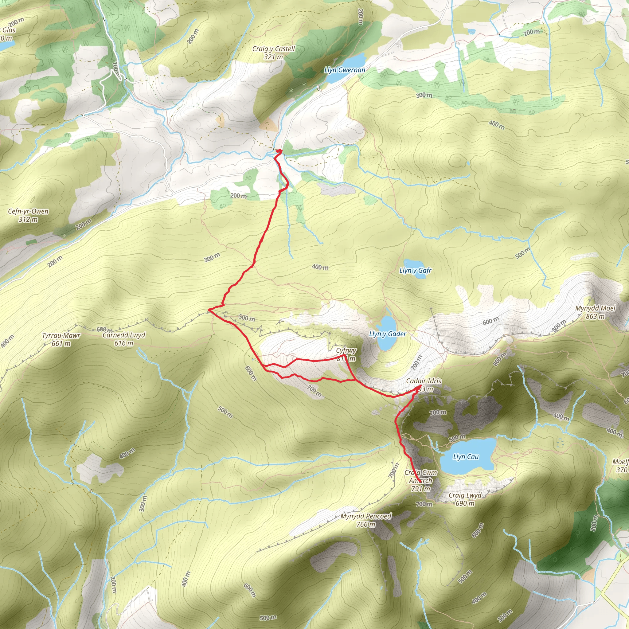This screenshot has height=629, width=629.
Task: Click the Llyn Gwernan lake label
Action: click(x=345, y=70)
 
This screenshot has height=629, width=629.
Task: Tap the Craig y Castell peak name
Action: click(x=273, y=49)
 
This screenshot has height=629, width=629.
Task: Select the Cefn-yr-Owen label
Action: click(x=28, y=211)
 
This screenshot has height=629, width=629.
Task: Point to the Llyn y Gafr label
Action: click(x=416, y=271)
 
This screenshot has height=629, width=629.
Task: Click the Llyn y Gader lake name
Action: click(x=387, y=334)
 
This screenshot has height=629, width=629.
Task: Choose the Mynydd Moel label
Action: click(x=595, y=308)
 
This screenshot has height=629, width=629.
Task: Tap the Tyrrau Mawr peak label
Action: click(x=61, y=336)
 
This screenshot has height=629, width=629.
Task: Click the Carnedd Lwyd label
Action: click(x=124, y=335)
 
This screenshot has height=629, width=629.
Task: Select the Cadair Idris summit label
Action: click(x=424, y=381)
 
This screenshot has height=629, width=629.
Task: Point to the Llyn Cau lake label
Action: click(x=466, y=457)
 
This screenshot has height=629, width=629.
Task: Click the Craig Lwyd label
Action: click(x=465, y=495)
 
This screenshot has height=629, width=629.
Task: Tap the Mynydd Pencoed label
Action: click(x=366, y=516)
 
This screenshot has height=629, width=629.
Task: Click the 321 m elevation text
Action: click(x=273, y=57)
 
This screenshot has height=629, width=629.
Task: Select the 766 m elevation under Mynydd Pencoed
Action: click(x=366, y=524)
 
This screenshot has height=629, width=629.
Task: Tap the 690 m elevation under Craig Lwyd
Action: click(x=465, y=503)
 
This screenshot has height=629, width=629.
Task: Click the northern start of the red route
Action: click(x=279, y=150)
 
